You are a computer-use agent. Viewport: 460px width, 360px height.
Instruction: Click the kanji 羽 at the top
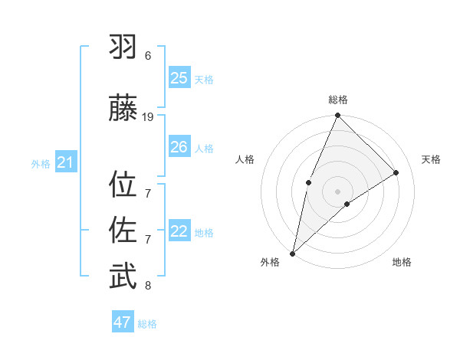pyautogui.click(x=123, y=47)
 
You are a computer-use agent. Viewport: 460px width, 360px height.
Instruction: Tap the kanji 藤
pyautogui.click(x=123, y=108)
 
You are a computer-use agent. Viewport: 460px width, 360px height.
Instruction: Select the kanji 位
pyautogui.click(x=123, y=185)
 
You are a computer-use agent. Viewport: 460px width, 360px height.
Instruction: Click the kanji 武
pyautogui.click(x=123, y=277)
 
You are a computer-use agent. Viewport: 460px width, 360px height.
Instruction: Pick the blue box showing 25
pyautogui.click(x=179, y=77)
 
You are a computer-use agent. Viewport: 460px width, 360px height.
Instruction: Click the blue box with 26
pyautogui.click(x=179, y=147)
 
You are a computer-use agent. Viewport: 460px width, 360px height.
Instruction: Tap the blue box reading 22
pyautogui.click(x=179, y=231)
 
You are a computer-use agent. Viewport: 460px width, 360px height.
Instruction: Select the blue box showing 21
pyautogui.click(x=65, y=162)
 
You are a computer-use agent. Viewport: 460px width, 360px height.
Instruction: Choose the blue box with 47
pyautogui.click(x=123, y=322)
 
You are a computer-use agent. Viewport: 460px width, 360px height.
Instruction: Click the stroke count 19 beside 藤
pyautogui.click(x=148, y=117)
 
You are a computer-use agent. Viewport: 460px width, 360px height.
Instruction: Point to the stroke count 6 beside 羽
pyautogui.click(x=148, y=56)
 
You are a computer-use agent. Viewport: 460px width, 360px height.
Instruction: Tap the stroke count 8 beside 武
pyautogui.click(x=148, y=286)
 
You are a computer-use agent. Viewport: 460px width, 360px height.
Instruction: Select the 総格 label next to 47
pyautogui.click(x=147, y=324)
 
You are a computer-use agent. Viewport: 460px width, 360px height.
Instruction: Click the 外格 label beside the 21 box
pyautogui.click(x=41, y=163)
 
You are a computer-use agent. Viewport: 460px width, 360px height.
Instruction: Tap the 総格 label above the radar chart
pyautogui.click(x=337, y=100)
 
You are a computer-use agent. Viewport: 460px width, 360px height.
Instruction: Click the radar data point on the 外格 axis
pyautogui.click(x=292, y=253)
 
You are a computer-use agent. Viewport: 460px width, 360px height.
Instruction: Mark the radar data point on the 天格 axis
pyautogui.click(x=396, y=172)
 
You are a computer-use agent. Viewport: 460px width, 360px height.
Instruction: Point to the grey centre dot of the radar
pyautogui.click(x=337, y=191)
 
